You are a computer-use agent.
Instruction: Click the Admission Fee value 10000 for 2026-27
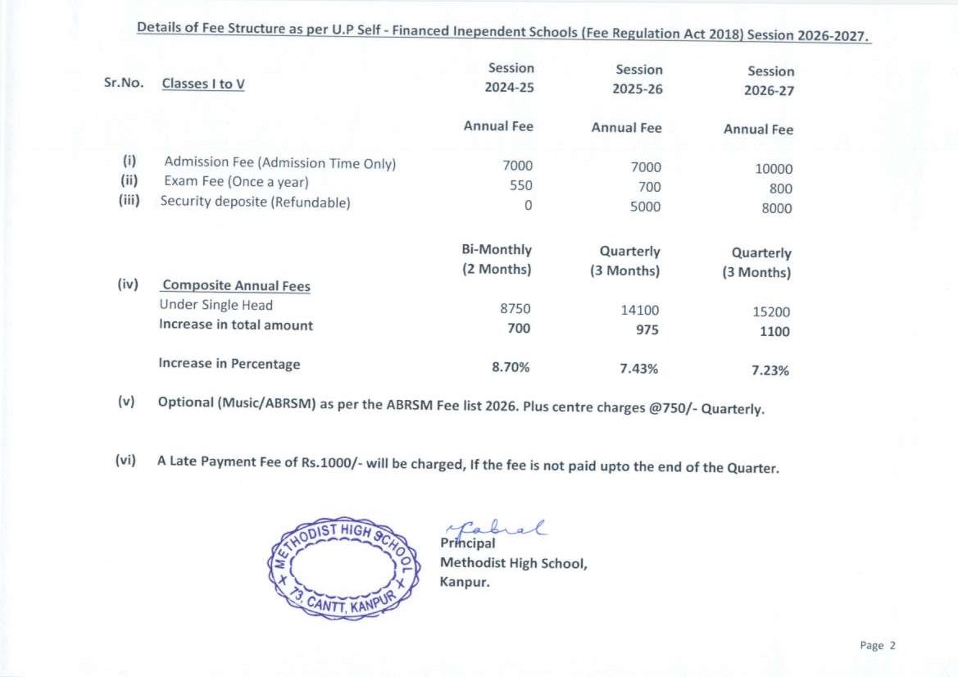pos(774,169)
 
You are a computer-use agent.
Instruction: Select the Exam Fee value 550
pos(521,186)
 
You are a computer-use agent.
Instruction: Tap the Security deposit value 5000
pos(644,207)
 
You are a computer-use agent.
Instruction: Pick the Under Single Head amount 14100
pos(640,311)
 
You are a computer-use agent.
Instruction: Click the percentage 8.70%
pos(511,367)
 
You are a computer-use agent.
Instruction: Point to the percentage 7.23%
pos(770,370)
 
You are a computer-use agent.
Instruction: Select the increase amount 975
pos(647,330)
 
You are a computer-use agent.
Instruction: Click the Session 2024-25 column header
pos(510,78)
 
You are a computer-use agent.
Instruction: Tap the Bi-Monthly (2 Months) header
pos(497,259)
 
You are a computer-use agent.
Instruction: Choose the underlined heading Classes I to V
pos(203,84)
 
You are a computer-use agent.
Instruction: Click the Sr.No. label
pos(124,83)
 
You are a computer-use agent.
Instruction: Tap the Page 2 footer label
pos(878,645)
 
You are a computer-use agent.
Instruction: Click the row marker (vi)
pos(125,460)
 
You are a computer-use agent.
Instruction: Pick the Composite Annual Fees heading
pos(236,286)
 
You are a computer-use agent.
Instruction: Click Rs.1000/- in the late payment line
pos(331,463)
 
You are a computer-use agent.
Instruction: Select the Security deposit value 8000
pos(776,208)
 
